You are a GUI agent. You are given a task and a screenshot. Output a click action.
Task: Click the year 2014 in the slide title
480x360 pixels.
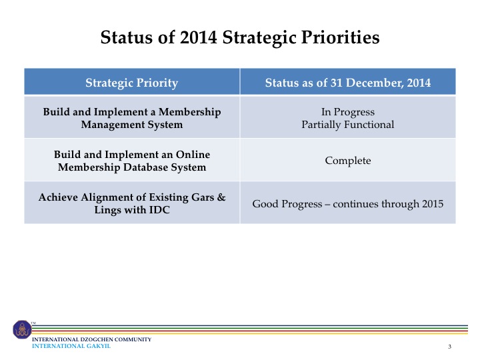pos(198,37)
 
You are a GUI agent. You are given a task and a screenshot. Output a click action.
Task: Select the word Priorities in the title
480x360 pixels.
pos(341,37)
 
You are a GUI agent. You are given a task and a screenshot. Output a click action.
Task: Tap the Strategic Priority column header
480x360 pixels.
pos(131,83)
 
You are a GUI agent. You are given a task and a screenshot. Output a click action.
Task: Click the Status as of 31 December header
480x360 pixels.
pos(348,83)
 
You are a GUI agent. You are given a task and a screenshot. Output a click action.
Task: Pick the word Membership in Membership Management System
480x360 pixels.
pos(190,112)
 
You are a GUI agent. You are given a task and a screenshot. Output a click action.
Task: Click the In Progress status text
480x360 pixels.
pos(348,112)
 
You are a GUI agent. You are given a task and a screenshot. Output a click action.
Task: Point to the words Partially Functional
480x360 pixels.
pos(348,125)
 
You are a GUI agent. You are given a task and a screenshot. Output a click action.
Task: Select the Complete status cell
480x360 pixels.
pos(348,161)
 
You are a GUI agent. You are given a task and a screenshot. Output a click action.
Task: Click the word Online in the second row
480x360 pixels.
pos(193,154)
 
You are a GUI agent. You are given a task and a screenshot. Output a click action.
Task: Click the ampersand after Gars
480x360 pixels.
pos(221,197)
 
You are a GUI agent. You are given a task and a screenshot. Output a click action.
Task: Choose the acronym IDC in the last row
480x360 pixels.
pos(159,210)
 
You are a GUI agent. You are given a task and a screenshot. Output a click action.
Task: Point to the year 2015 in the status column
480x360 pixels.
pos(433,204)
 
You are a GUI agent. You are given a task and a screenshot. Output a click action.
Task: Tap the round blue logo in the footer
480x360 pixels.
pos(22,329)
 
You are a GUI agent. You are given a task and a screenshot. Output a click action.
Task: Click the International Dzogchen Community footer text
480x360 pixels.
pos(92,339)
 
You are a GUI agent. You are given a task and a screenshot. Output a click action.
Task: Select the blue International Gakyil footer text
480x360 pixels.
pos(71,346)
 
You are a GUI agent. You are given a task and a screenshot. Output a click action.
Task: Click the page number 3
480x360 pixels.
pos(450,347)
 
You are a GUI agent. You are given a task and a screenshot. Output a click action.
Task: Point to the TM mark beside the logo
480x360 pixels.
pos(33,323)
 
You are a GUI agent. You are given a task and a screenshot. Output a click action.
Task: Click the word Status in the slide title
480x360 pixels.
pos(127,37)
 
